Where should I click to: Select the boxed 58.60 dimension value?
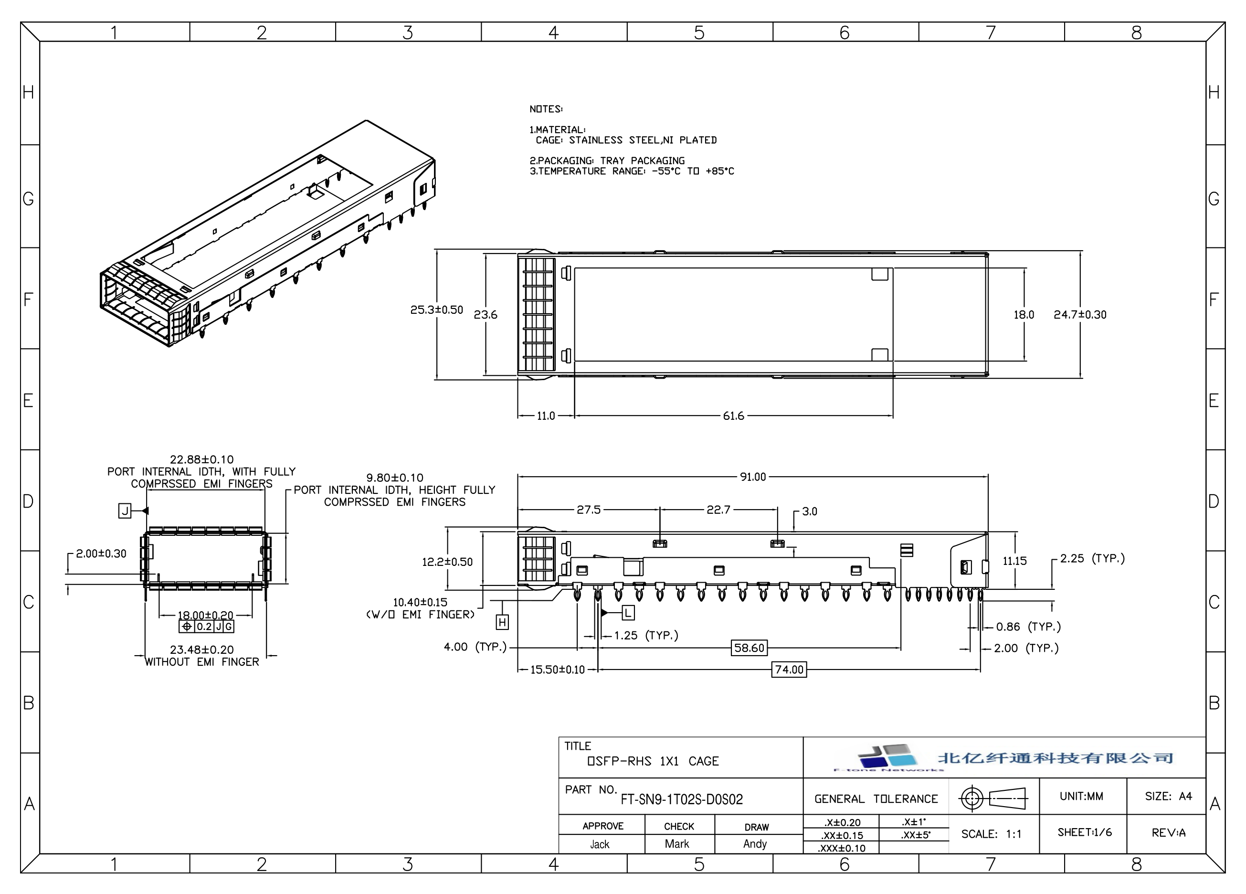tap(749, 648)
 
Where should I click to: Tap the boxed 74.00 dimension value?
tap(789, 669)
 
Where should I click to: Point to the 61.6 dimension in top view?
tap(733, 416)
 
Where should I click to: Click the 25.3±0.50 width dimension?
tap(437, 310)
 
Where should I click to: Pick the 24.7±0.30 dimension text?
tap(1080, 315)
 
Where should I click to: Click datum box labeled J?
tap(125, 511)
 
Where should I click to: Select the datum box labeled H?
tap(502, 622)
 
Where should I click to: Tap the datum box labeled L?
tap(628, 613)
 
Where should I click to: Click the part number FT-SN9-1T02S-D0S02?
tap(682, 799)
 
